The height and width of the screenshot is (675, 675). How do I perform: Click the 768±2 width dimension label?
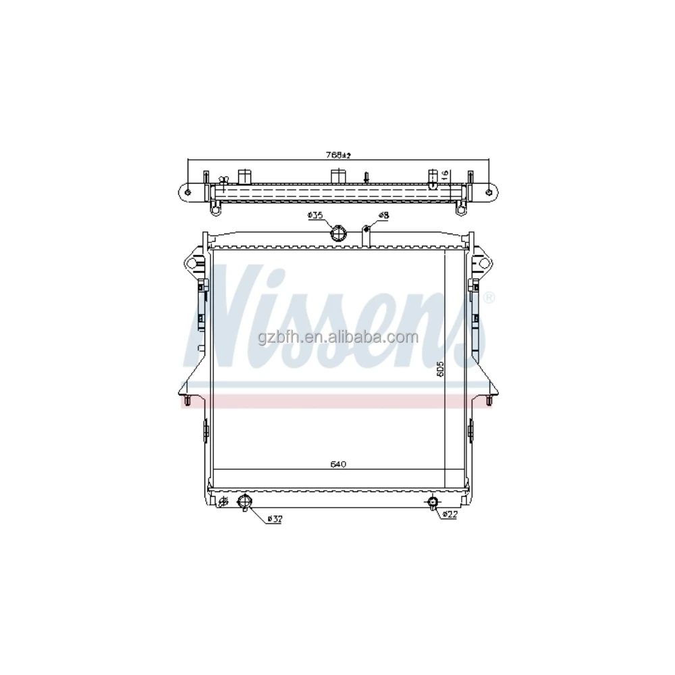[x=339, y=155]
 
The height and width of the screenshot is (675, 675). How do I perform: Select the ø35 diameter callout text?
[x=315, y=215]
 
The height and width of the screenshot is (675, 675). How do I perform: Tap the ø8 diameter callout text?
[x=383, y=215]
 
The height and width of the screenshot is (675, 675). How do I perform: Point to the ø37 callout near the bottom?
[x=274, y=518]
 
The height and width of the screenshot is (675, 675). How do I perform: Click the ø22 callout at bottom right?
[x=450, y=515]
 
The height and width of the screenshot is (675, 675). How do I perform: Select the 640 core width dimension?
[x=338, y=464]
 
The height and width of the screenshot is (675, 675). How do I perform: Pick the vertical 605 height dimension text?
[x=439, y=370]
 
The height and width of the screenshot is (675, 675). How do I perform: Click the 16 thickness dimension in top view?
[x=445, y=175]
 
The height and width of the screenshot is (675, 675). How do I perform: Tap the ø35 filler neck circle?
[x=337, y=234]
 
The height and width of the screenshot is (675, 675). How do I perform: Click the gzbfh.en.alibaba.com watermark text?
[x=337, y=337]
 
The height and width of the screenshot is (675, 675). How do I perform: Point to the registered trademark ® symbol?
[x=489, y=297]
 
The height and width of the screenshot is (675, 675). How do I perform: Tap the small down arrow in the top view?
[x=366, y=177]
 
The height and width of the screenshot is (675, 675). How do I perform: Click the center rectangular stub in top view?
[x=337, y=176]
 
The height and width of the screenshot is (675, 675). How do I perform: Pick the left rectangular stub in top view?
[x=245, y=177]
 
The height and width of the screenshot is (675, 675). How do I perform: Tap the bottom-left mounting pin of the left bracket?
[x=188, y=402]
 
